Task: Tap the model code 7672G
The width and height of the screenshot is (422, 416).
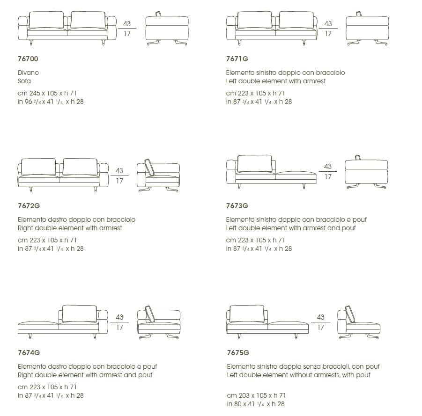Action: coord(29,205)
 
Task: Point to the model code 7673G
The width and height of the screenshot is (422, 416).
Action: coord(237,205)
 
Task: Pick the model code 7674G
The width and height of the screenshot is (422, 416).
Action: coord(29,352)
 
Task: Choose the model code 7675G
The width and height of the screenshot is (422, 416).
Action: coord(237,352)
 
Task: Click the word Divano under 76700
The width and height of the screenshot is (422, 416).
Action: coord(28,73)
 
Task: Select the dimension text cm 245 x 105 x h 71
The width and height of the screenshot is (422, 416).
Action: coord(47,93)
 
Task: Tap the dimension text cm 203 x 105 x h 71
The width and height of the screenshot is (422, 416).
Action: coord(256,395)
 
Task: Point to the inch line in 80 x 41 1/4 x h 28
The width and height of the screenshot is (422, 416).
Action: coord(255,404)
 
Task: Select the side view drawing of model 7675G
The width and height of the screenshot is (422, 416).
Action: coord(358,322)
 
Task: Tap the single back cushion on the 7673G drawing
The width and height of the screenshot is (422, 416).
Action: coord(255,164)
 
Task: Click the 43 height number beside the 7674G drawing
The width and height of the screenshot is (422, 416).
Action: coord(119,317)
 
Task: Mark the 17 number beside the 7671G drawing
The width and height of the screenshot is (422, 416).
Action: coord(328,34)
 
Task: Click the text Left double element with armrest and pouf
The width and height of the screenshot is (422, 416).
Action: coord(291,228)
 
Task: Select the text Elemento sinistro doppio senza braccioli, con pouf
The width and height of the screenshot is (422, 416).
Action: coord(303,366)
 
